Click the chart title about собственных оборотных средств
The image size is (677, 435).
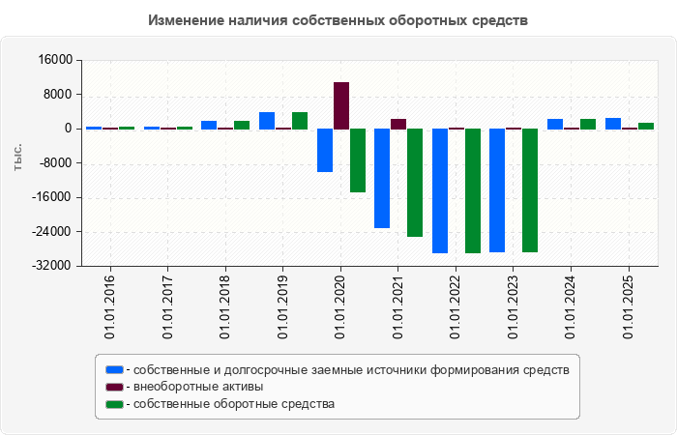tap(338, 20)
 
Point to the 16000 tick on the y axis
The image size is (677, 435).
tap(56, 60)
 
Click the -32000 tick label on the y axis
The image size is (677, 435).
tap(52, 266)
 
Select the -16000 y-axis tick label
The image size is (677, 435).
tap(52, 197)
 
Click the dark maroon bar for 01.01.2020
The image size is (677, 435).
tap(341, 105)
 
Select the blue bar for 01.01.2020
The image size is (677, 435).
tap(325, 150)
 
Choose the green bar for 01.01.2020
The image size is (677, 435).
tap(358, 160)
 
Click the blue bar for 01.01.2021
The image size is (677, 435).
tap(382, 178)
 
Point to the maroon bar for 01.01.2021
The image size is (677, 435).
tap(398, 124)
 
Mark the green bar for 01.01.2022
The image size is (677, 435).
tap(473, 190)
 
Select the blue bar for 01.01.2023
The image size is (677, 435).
tap(497, 189)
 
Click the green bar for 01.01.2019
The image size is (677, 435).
tap(300, 120)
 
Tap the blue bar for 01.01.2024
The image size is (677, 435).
tap(555, 124)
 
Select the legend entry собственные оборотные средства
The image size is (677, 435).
tap(234, 404)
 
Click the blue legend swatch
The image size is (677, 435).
tap(115, 369)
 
